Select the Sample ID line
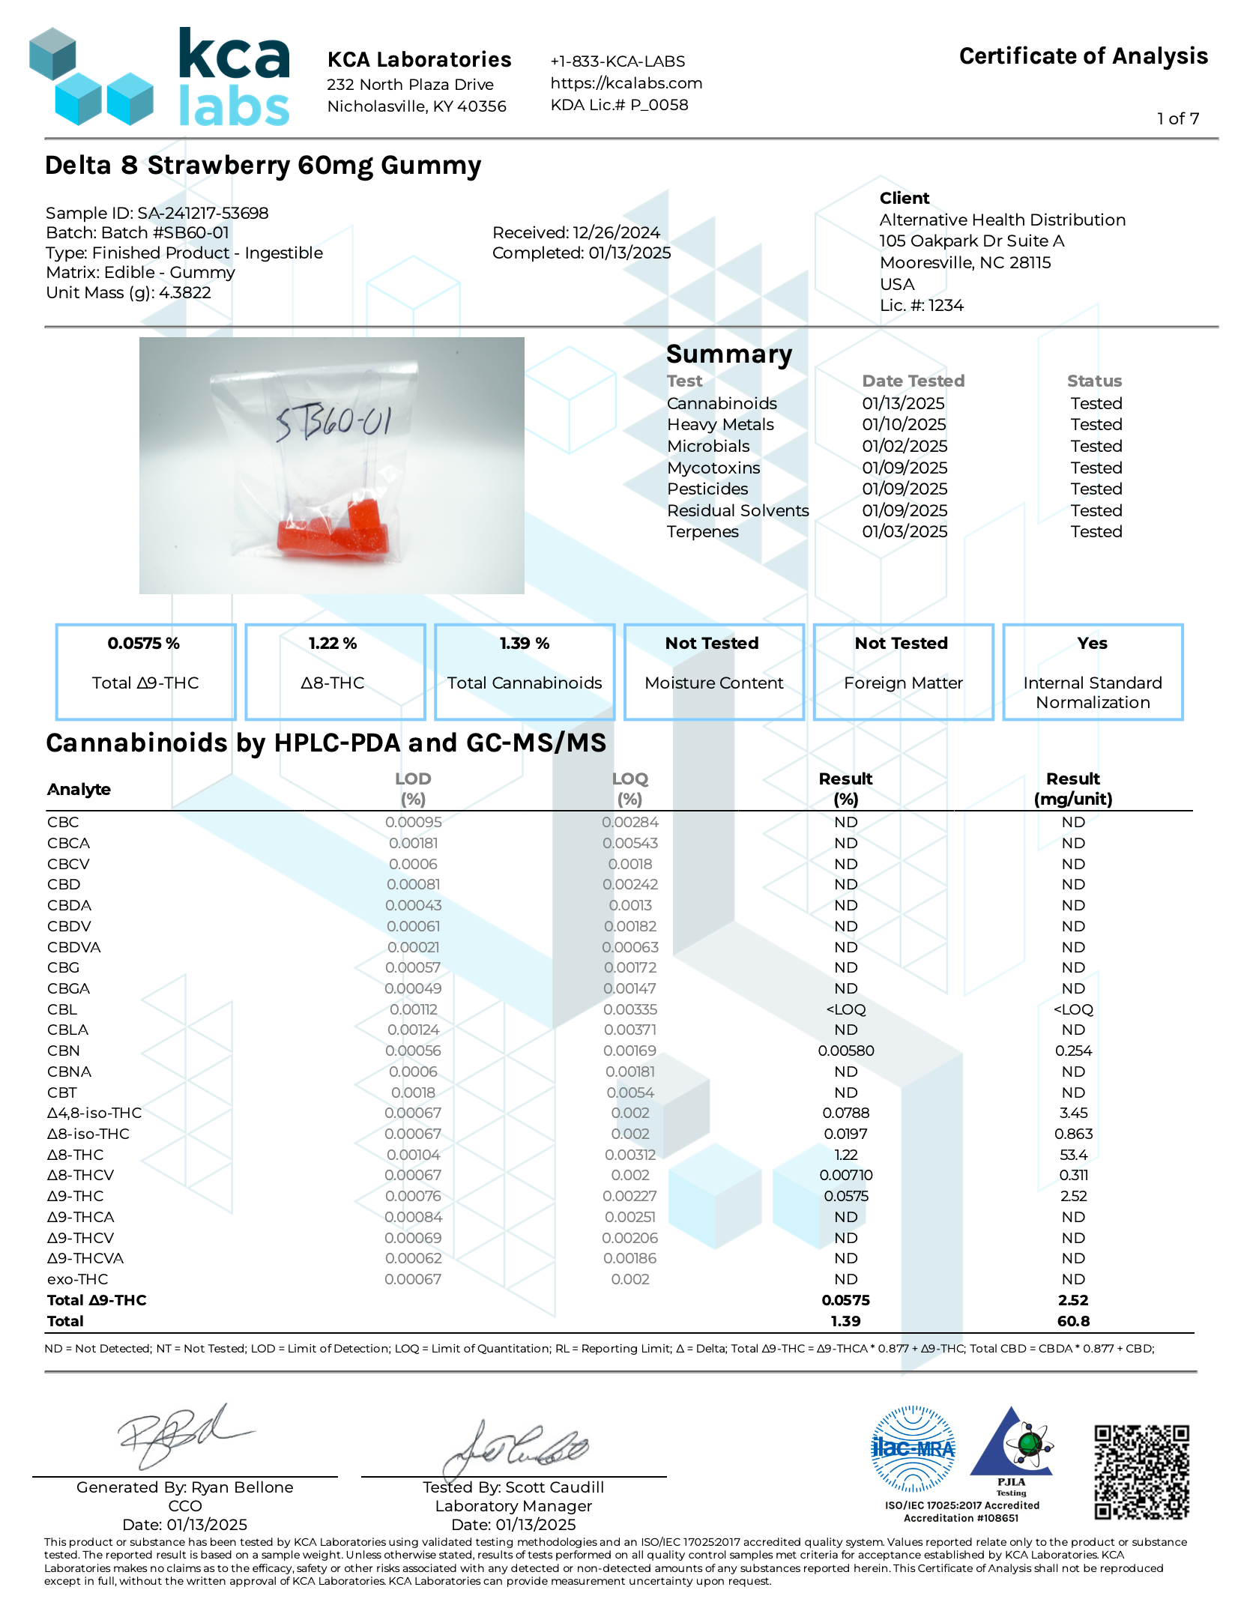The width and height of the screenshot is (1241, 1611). pyautogui.click(x=157, y=213)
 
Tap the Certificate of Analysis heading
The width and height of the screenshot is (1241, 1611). pyautogui.click(x=1083, y=56)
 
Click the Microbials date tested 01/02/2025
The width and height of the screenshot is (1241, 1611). pyautogui.click(x=905, y=446)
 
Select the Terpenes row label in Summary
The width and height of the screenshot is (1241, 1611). pyautogui.click(x=703, y=531)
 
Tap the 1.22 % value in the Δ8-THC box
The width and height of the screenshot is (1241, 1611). pyautogui.click(x=333, y=643)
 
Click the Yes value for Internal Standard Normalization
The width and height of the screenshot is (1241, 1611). pyautogui.click(x=1092, y=643)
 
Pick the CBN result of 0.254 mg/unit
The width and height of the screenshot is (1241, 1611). pyautogui.click(x=1073, y=1051)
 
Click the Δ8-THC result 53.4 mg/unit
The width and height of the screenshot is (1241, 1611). pyautogui.click(x=1073, y=1155)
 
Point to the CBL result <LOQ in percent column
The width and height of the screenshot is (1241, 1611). pyautogui.click(x=846, y=1009)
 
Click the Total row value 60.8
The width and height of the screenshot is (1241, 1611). pyautogui.click(x=1073, y=1321)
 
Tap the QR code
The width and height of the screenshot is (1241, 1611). pyautogui.click(x=1141, y=1472)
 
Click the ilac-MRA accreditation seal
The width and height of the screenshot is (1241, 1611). pyautogui.click(x=913, y=1448)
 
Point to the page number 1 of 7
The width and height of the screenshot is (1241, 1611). pyautogui.click(x=1177, y=118)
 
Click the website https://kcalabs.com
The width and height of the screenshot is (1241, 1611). pyautogui.click(x=626, y=83)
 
